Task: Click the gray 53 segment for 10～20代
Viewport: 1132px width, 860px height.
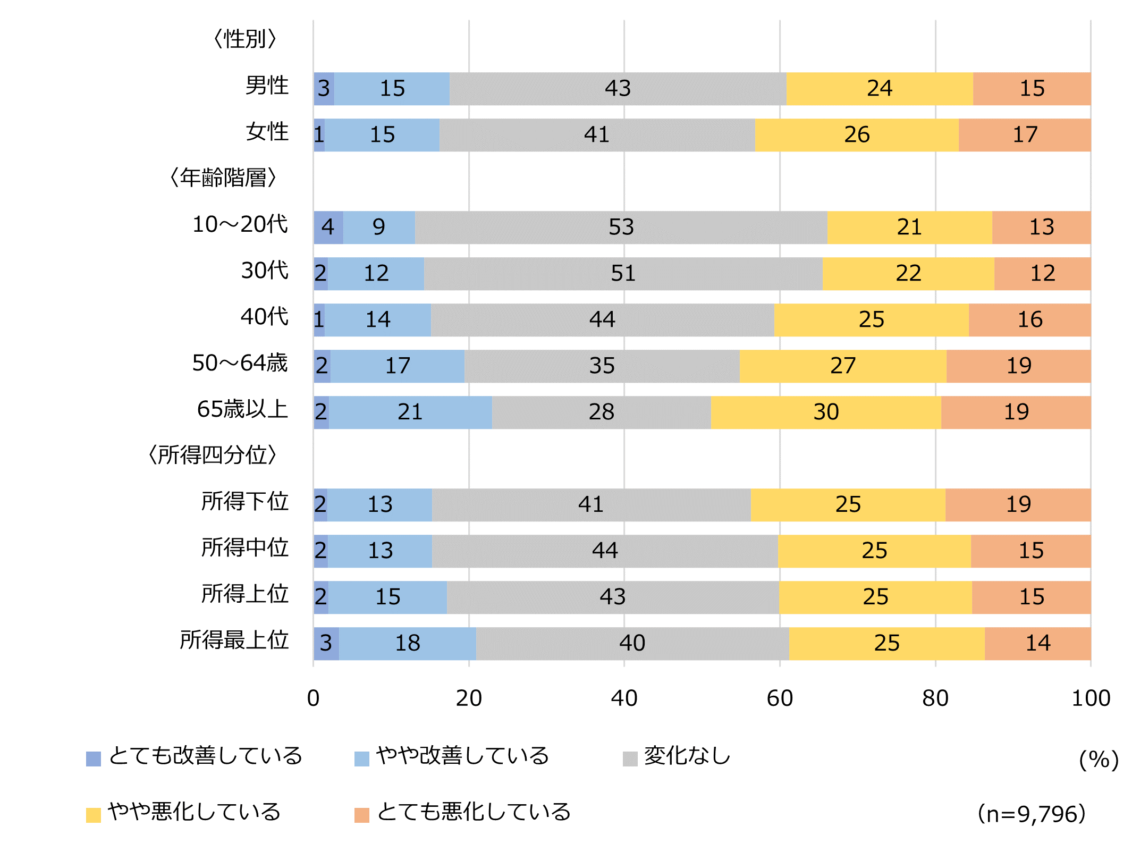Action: point(621,227)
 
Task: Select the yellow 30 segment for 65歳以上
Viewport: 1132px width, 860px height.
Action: point(826,412)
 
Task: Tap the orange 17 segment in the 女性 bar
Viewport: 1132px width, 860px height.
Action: point(1025,135)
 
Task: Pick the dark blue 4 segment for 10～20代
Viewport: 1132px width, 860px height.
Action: point(328,227)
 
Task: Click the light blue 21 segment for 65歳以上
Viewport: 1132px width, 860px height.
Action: point(410,412)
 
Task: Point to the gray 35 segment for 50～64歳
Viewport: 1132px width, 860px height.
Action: point(602,366)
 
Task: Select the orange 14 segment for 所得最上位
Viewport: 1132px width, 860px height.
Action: point(1037,644)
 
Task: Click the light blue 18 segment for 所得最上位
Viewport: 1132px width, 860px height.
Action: point(408,644)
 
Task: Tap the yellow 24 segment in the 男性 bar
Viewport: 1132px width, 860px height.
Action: point(880,89)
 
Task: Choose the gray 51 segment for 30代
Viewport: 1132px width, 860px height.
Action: point(623,274)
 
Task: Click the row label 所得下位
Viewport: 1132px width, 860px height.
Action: point(244,502)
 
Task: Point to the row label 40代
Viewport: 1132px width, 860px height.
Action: point(264,317)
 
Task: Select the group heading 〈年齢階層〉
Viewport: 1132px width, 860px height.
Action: point(223,178)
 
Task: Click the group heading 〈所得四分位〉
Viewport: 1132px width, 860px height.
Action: point(213,456)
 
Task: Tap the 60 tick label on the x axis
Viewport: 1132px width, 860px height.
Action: point(780,698)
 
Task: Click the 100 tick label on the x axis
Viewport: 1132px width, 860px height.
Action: point(1091,698)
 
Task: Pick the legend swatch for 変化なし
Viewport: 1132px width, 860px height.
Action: point(630,758)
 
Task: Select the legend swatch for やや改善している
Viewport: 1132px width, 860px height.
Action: point(361,758)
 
